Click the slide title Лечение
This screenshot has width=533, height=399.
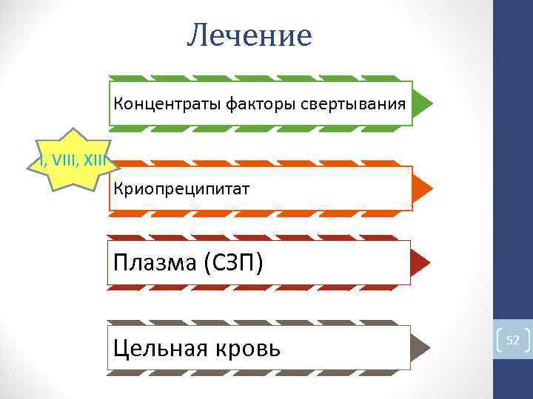tap(249, 35)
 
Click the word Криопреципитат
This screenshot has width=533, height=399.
tap(181, 188)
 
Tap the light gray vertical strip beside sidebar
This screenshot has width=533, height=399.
tap(497, 185)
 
